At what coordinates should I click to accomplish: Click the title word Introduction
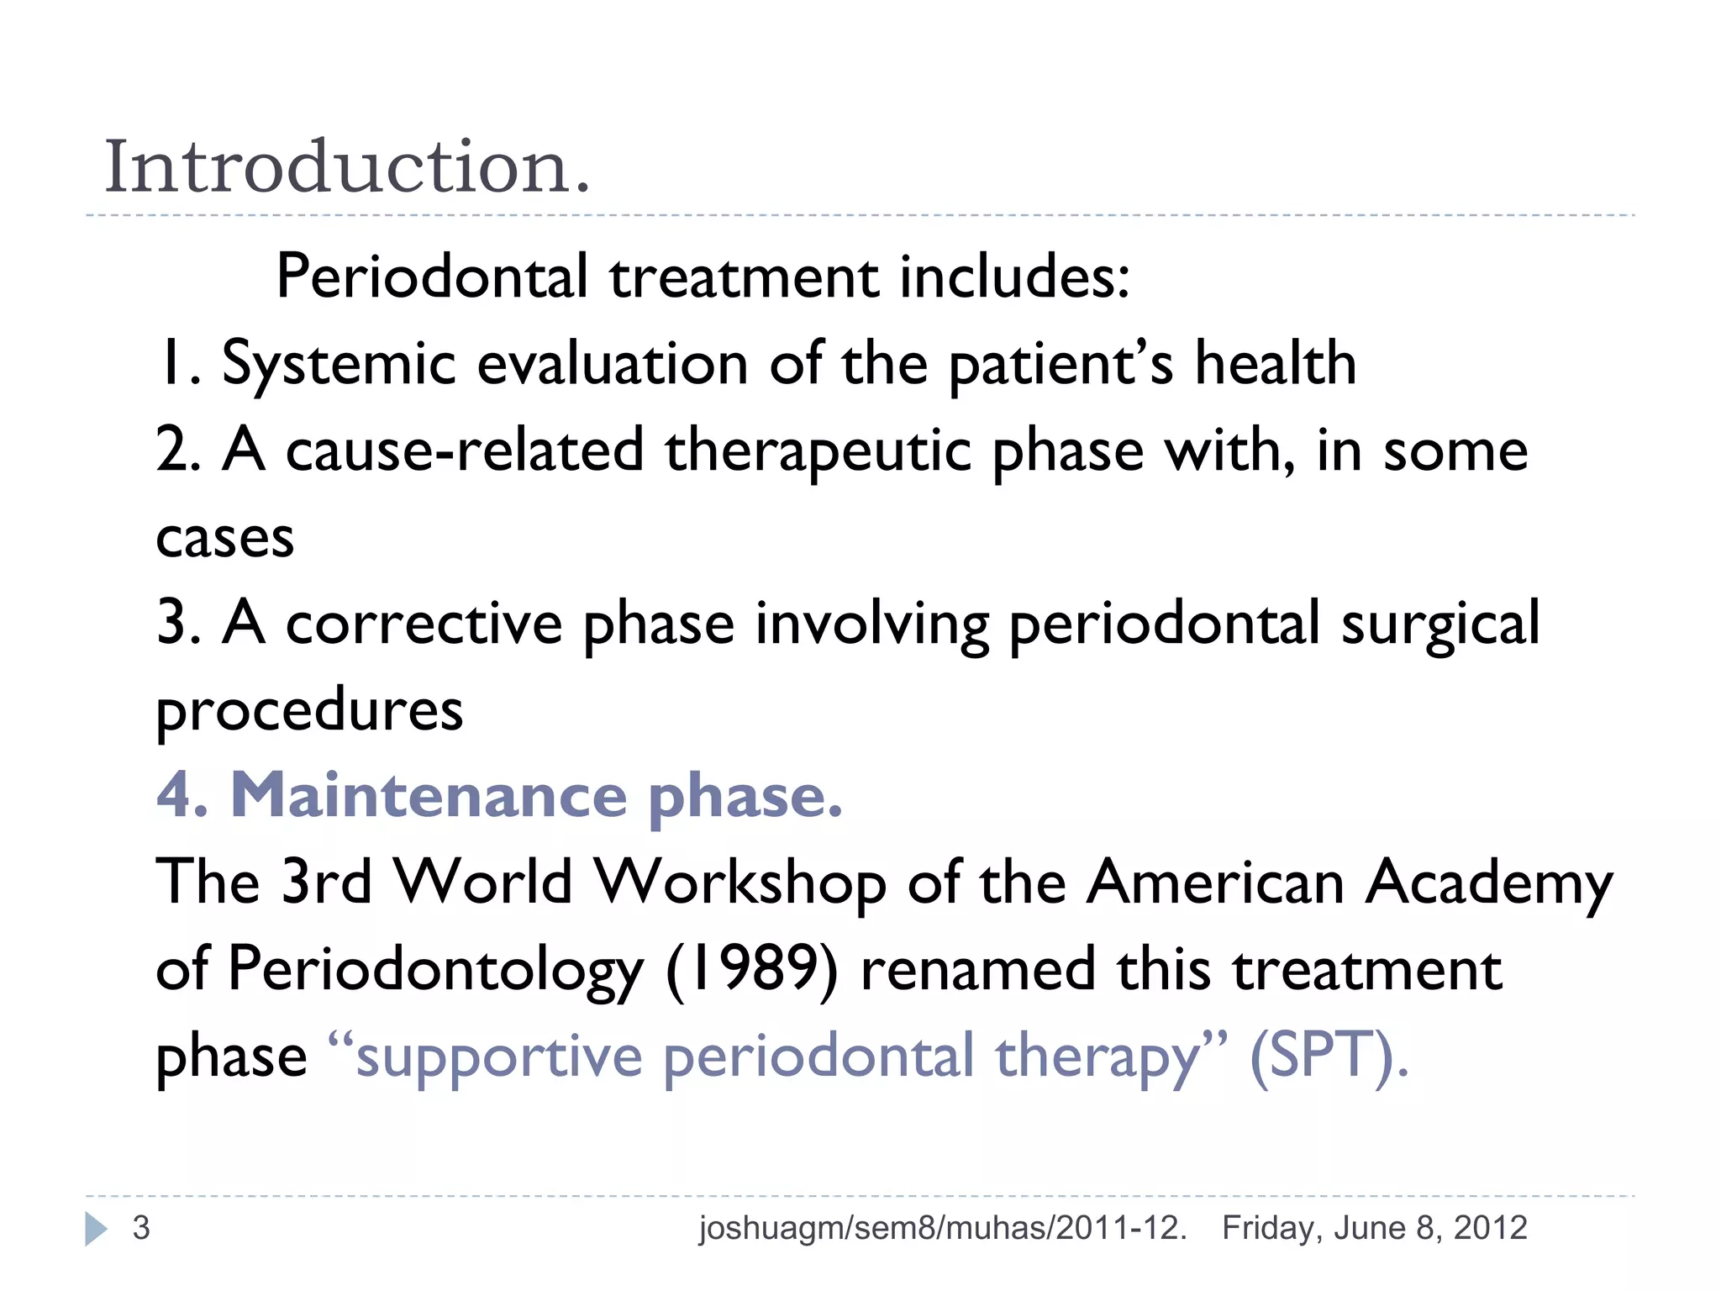pos(347,166)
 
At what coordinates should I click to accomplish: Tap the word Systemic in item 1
pos(338,365)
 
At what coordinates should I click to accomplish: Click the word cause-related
pos(465,451)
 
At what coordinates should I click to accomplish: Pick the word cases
pos(225,538)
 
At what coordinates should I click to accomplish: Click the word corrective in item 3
pos(424,624)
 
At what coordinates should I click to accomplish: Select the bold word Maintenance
pos(429,795)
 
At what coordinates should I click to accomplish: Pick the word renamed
pos(978,969)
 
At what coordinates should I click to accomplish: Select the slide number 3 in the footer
pos(141,1228)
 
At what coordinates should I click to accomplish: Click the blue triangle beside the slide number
pos(96,1229)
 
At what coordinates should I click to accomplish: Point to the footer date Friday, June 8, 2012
pos(1374,1228)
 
